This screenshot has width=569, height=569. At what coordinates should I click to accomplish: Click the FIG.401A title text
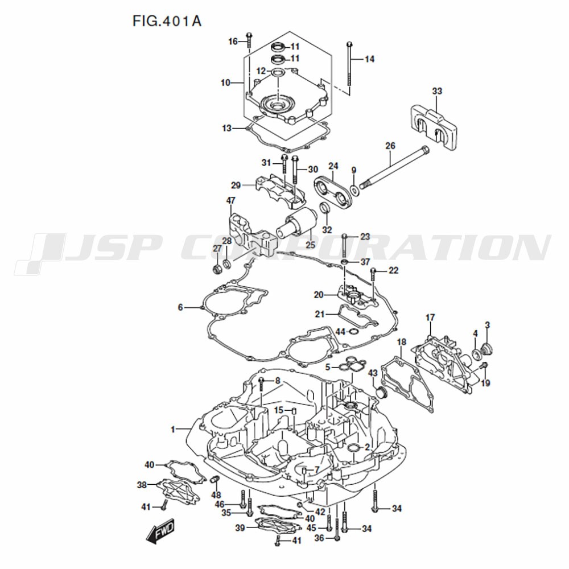[167, 22]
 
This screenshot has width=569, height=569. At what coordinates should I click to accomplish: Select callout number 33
[437, 90]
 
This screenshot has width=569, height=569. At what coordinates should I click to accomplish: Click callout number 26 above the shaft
[390, 146]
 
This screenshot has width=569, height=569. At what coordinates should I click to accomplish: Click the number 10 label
[225, 83]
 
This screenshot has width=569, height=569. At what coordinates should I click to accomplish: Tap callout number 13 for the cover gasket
[227, 129]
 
